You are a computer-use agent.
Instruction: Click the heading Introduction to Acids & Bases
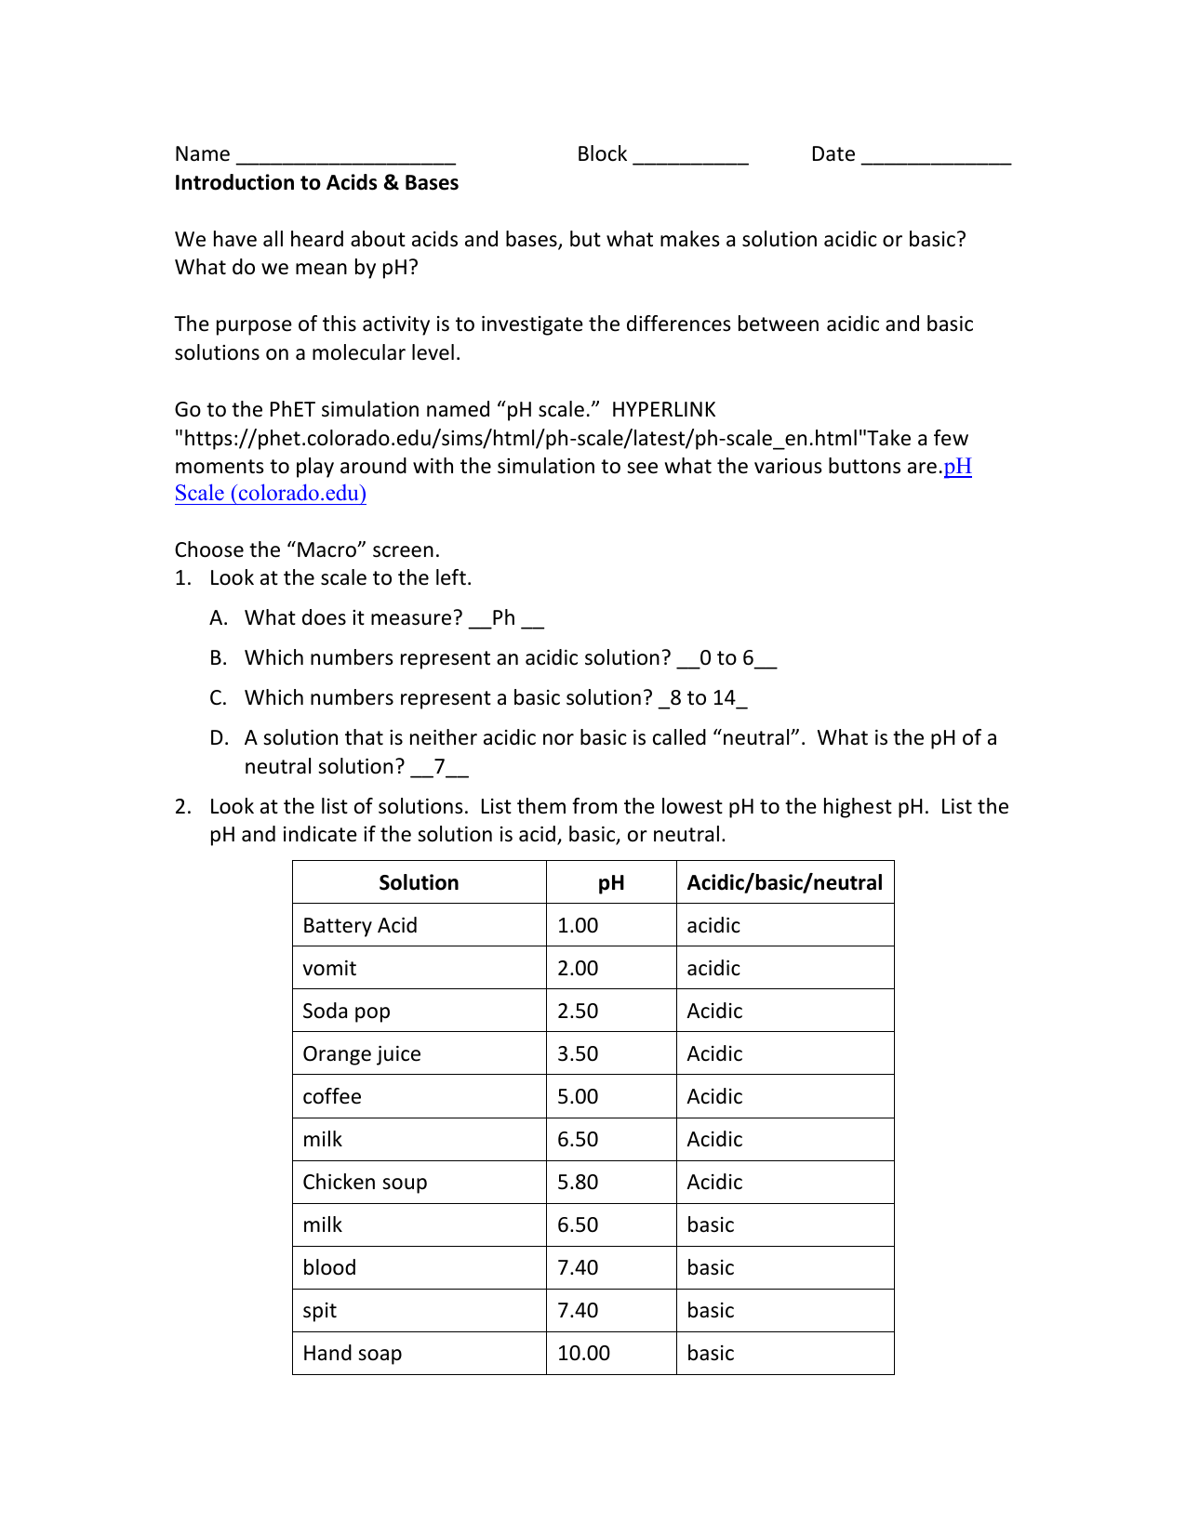point(316,182)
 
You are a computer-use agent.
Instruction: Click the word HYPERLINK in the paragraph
point(663,410)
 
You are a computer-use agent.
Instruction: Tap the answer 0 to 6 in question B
point(726,658)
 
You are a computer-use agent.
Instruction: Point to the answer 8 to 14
point(702,698)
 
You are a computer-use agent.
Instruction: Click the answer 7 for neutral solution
point(439,767)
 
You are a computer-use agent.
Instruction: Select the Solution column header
point(419,882)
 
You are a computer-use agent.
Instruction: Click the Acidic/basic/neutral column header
point(784,882)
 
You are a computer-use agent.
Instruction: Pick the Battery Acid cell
point(360,925)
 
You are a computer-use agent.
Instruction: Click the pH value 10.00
point(583,1353)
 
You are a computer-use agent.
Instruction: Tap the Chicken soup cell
point(365,1182)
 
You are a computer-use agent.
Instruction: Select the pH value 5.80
point(578,1182)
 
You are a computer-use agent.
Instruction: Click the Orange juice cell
point(362,1053)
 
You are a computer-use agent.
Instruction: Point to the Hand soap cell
point(352,1353)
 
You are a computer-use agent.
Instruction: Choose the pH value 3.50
point(578,1053)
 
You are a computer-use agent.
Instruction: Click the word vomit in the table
point(329,968)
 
